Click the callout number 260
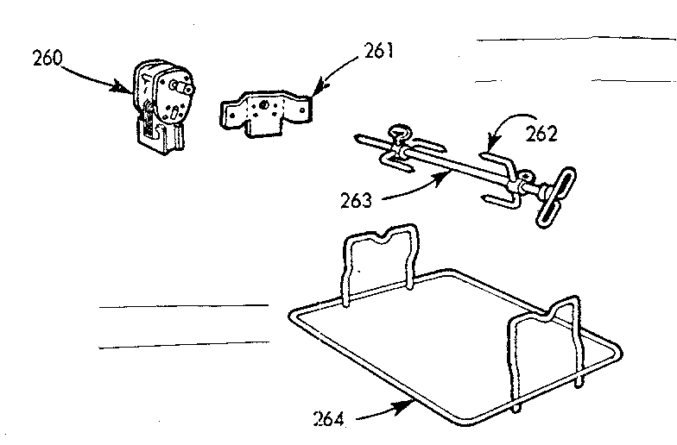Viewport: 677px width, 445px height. point(50,60)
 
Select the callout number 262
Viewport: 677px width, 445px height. point(541,134)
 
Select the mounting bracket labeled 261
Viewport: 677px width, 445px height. point(264,111)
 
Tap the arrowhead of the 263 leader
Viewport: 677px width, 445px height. point(449,172)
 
